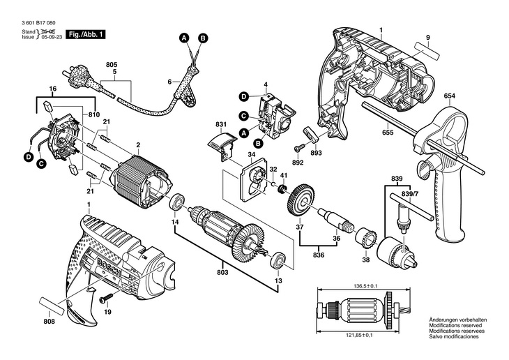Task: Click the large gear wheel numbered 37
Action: (x=300, y=199)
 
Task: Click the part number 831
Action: (x=222, y=125)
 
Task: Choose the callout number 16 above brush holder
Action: (x=52, y=89)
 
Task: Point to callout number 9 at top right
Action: (x=428, y=37)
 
